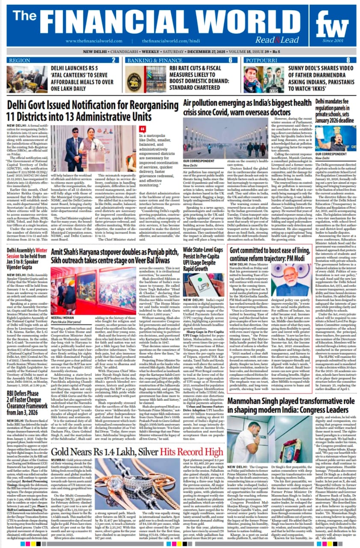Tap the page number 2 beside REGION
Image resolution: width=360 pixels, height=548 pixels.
click(x=114, y=60)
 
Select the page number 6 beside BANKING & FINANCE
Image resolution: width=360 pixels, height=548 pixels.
click(x=230, y=60)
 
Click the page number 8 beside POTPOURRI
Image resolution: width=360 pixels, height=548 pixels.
click(x=348, y=60)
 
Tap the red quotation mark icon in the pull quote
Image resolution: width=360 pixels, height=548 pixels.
click(x=143, y=129)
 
